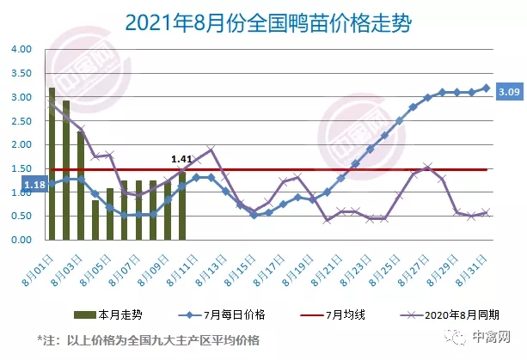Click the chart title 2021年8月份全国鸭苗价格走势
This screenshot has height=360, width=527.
[263, 21]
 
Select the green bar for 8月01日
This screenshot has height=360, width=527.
[52, 163]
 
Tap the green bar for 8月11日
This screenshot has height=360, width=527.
[182, 205]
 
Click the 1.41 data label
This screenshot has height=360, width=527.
[181, 159]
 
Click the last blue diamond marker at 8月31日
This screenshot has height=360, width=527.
[487, 88]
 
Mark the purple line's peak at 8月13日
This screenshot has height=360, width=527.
[211, 149]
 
